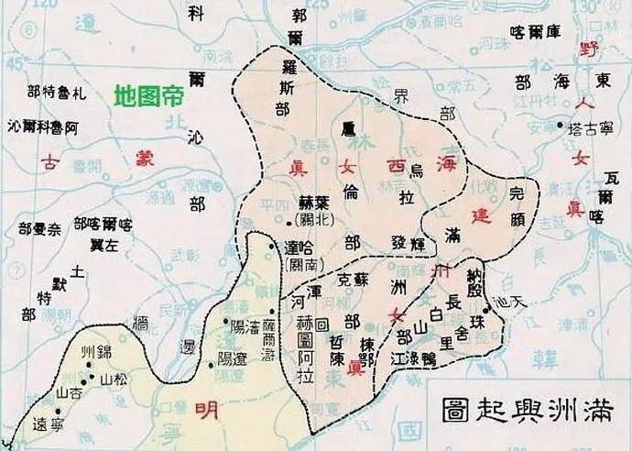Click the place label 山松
[x=109, y=378]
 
